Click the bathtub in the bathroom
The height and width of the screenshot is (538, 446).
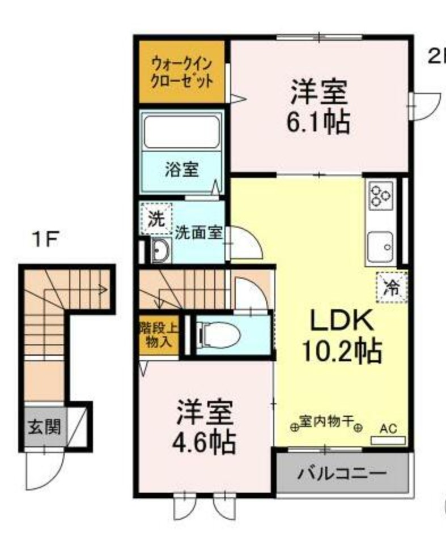click(x=181, y=133)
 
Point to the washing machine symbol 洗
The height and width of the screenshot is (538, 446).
click(x=155, y=219)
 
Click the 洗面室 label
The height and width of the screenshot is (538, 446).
click(x=198, y=232)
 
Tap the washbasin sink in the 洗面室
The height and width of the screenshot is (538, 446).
click(x=161, y=249)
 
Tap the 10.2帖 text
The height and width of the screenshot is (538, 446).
click(x=340, y=351)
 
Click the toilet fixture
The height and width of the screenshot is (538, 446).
click(x=218, y=334)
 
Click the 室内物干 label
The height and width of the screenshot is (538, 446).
click(x=326, y=421)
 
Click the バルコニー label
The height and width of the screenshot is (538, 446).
click(x=342, y=472)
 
